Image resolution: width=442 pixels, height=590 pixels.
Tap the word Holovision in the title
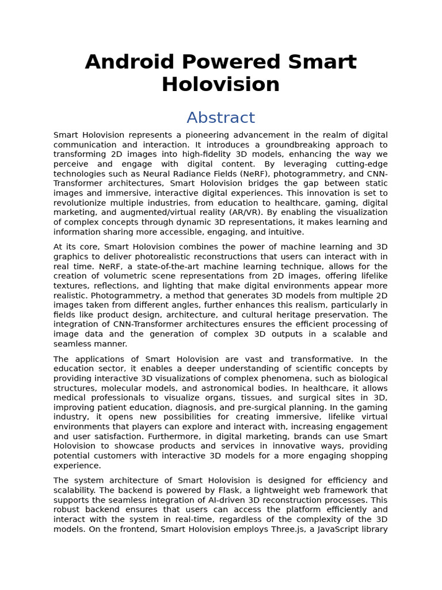(220, 85)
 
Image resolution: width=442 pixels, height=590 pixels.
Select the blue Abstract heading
(220, 118)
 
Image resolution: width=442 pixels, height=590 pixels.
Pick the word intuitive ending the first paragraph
(283, 232)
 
